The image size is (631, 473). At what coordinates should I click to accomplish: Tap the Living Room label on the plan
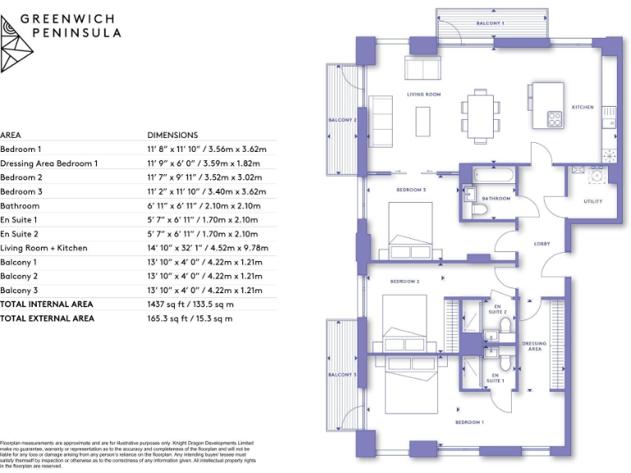[424, 94]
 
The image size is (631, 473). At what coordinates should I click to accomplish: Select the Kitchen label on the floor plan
[583, 108]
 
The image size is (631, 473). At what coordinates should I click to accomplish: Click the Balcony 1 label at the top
[491, 23]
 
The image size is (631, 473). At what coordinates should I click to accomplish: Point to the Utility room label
[592, 201]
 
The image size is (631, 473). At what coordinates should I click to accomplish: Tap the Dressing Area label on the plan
[534, 347]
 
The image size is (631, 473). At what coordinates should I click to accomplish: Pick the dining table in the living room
[478, 113]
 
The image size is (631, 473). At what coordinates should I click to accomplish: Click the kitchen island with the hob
[546, 104]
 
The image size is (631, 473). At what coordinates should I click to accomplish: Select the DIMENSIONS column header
[173, 135]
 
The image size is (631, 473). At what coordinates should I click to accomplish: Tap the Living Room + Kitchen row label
[44, 248]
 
